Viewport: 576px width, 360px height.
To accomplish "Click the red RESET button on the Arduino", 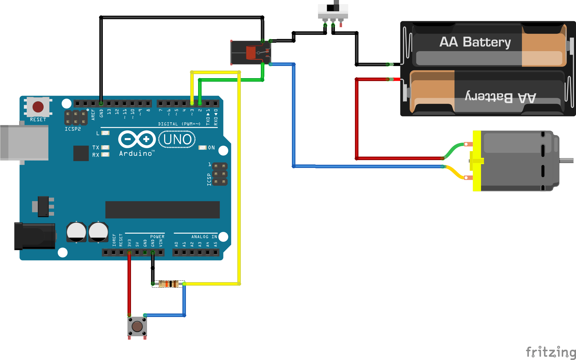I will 38,107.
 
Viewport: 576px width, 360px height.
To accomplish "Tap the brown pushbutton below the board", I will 137,326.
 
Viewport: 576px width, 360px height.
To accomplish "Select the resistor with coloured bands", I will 168,284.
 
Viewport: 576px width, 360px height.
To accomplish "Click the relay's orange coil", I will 251,53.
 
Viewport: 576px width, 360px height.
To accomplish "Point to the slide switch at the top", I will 333,11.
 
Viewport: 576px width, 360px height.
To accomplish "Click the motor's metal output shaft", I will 566,160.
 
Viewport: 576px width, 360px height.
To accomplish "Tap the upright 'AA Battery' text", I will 475,42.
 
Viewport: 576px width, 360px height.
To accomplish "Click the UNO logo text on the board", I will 177,139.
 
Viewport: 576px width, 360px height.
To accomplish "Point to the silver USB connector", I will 24,143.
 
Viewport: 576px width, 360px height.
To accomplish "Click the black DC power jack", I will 35,236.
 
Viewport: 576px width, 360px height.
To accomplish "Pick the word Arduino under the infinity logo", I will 136,153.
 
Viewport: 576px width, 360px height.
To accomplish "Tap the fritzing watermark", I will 550,352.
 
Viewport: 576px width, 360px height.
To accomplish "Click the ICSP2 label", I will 73,129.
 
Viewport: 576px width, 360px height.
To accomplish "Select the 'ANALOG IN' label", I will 204,237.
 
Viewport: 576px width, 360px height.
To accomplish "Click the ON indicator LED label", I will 211,148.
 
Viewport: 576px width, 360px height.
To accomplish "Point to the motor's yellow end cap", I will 477,161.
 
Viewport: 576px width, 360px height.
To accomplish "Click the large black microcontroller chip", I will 162,209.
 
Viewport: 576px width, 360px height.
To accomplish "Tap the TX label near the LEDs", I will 96,147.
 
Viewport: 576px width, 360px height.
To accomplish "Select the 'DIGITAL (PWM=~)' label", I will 179,124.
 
